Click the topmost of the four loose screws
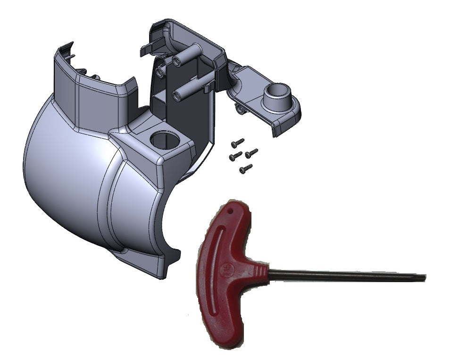pos(238,142)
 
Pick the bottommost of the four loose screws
pos(246,168)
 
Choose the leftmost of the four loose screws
pos(235,156)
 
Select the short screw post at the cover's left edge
pos(160,71)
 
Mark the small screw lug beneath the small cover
pos(240,109)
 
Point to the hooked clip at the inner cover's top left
pos(146,48)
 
